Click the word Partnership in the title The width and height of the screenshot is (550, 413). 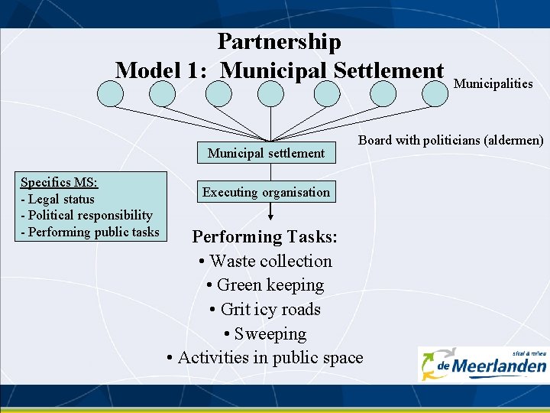pos(279,41)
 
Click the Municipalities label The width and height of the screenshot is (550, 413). pos(493,83)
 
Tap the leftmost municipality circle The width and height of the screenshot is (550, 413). pos(111,93)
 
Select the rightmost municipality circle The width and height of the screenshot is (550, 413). pos(438,93)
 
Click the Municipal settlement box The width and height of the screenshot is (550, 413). pos(266,153)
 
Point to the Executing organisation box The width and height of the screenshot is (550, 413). pos(266,192)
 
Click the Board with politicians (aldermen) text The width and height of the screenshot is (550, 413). pos(451,140)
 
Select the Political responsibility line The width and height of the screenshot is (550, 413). pos(86,216)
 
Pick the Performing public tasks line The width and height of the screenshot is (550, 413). pos(90,232)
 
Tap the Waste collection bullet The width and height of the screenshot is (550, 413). pos(265,262)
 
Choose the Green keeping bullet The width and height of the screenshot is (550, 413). pos(265,285)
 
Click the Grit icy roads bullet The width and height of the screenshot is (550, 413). pos(265,310)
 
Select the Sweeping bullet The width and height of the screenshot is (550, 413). pos(265,334)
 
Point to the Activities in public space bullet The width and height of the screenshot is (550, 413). pos(265,357)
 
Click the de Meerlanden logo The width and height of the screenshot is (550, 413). pos(483,363)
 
